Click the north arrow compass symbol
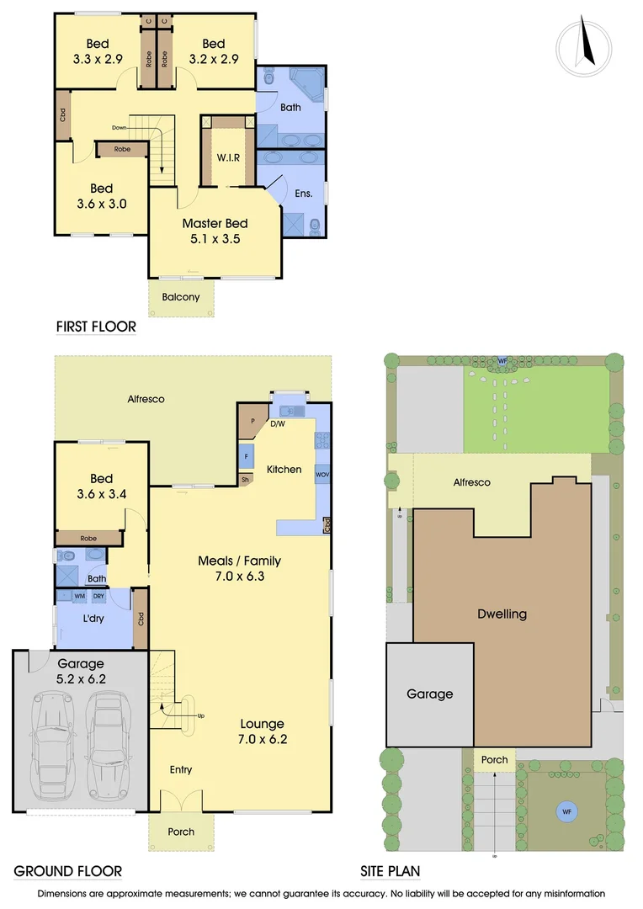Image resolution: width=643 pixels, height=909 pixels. click(x=583, y=45)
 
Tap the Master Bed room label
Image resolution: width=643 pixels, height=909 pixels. click(x=215, y=224)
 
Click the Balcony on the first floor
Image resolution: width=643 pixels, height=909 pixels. click(x=181, y=296)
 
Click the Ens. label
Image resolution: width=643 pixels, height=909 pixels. click(x=304, y=194)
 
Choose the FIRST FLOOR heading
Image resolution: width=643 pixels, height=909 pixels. click(x=95, y=327)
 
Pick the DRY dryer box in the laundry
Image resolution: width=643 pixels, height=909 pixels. click(x=98, y=596)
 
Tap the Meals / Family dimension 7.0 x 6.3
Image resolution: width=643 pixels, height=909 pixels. click(x=239, y=577)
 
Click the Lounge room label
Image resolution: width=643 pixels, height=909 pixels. click(x=263, y=724)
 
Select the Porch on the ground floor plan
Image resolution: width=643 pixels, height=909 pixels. click(x=181, y=832)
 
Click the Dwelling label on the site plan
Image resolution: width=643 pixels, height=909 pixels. click(x=502, y=614)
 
